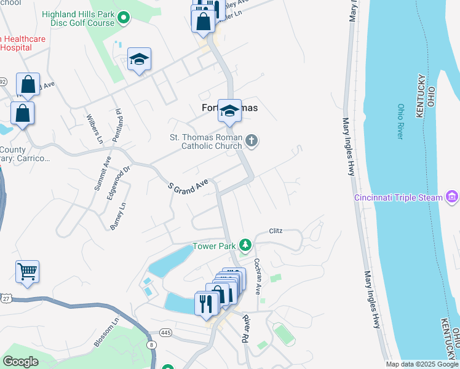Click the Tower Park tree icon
pyautogui.click(x=245, y=245)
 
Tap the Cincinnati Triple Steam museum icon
pyautogui.click(x=452, y=197)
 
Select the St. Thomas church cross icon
pyautogui.click(x=251, y=141)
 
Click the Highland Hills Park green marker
pyautogui.click(x=124, y=18)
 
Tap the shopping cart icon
pyautogui.click(x=27, y=271)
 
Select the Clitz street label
pyautogui.click(x=276, y=231)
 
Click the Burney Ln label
pyautogui.click(x=118, y=216)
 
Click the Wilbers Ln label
pyautogui.click(x=95, y=128)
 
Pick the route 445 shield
pyautogui.click(x=165, y=333)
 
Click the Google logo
pyautogui.click(x=20, y=362)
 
